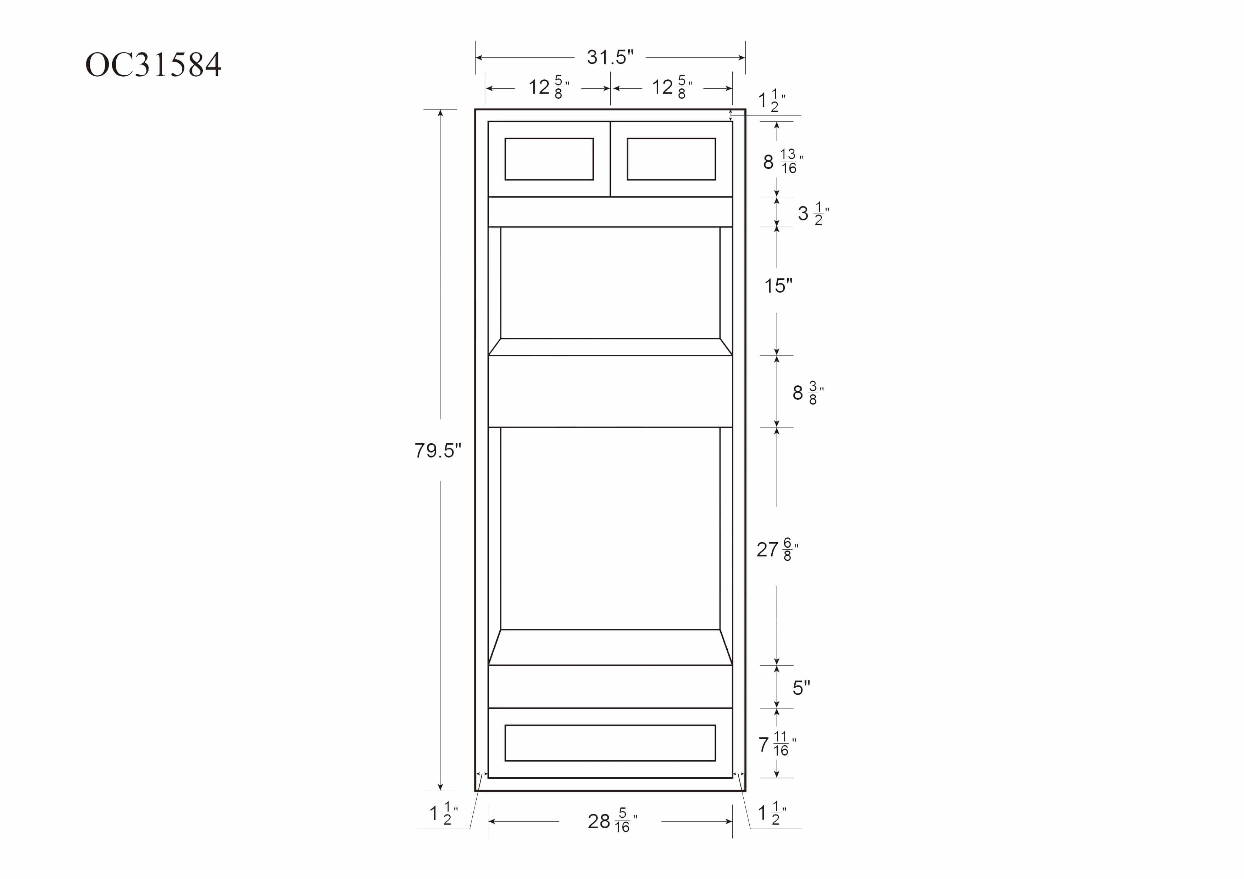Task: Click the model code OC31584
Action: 153,65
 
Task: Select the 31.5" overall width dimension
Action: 610,57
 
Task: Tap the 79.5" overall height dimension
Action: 438,450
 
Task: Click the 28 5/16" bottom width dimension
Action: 612,822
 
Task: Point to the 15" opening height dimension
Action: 778,285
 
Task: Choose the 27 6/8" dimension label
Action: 777,549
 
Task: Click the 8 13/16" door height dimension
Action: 783,161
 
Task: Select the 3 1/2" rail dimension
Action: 813,213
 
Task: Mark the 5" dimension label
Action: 801,688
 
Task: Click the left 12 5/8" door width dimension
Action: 548,87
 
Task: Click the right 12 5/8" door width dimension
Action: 672,87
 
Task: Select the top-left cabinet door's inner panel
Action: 549,159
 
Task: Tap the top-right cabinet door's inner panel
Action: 671,159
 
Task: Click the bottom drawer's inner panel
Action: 610,743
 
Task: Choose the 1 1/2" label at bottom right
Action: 772,813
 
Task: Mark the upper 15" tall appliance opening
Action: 610,283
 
